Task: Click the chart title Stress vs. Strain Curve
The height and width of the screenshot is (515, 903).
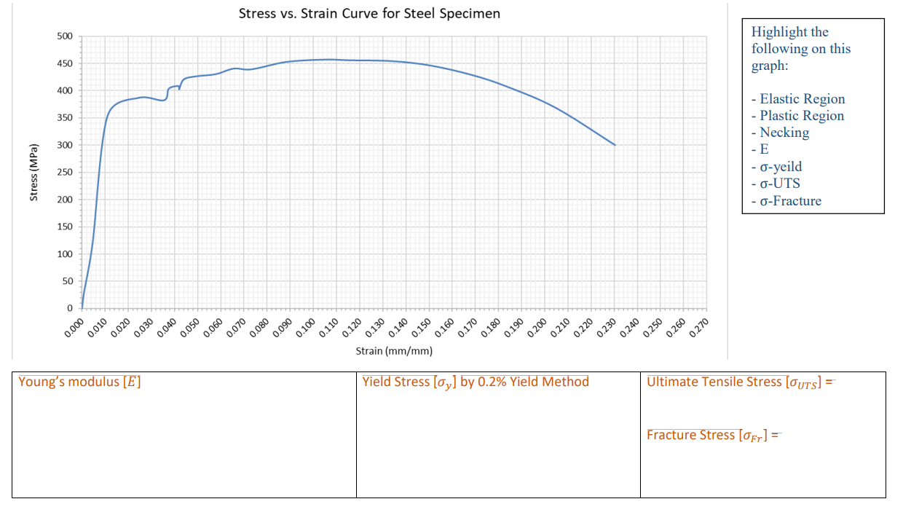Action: click(369, 14)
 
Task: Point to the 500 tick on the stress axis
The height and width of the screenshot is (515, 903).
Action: click(64, 36)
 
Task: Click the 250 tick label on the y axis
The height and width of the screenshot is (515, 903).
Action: click(64, 173)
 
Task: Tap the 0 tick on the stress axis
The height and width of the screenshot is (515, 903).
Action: click(69, 308)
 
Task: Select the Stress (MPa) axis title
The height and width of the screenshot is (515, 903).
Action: click(33, 173)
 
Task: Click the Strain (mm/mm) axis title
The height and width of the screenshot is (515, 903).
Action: click(394, 351)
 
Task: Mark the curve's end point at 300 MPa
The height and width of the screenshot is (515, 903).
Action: click(615, 145)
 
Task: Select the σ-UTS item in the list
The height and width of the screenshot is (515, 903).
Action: click(779, 184)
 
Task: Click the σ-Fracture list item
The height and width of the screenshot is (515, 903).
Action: click(789, 201)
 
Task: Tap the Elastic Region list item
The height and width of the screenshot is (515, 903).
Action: click(801, 99)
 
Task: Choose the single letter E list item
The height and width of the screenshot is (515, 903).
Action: click(764, 149)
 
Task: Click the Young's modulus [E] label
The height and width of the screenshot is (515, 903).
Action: click(79, 382)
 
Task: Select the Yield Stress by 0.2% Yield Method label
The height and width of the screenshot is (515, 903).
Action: click(476, 382)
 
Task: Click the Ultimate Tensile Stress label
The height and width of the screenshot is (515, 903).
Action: click(736, 382)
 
